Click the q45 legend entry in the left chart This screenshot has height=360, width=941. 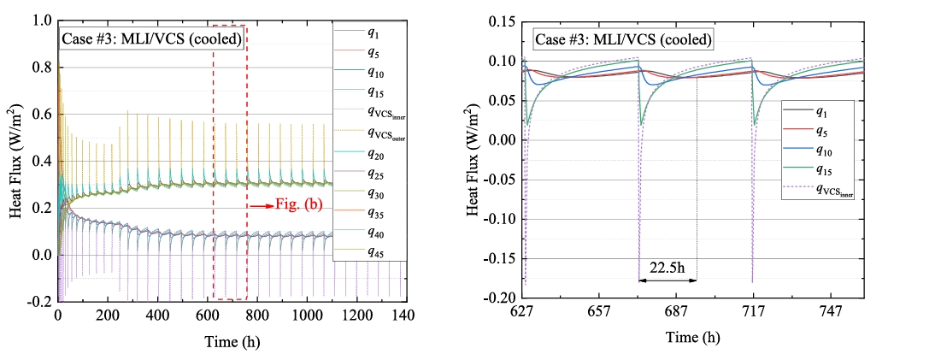click(369, 251)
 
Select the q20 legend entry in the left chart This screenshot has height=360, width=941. click(369, 155)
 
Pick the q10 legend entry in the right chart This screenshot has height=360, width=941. click(820, 151)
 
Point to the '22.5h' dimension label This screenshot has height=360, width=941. click(668, 267)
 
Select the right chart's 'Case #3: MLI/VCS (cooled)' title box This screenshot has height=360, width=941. click(622, 39)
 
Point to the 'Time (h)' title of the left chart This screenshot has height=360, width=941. click(232, 341)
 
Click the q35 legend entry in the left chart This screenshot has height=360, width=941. click(369, 212)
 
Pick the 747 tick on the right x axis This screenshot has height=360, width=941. click(829, 313)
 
